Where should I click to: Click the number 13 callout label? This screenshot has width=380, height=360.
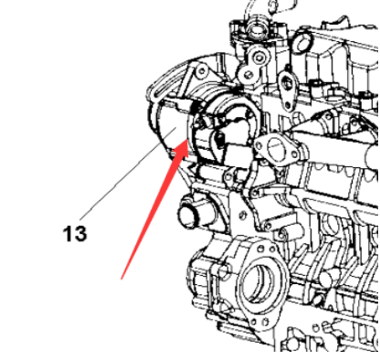pyautogui.click(x=75, y=234)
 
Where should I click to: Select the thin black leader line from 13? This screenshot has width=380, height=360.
pyautogui.click(x=128, y=174)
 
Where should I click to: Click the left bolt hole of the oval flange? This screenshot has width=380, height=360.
pyautogui.click(x=259, y=144)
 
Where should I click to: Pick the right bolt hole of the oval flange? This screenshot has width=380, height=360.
pyautogui.click(x=294, y=154)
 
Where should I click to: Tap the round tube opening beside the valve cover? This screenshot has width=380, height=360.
pyautogui.click(x=302, y=43)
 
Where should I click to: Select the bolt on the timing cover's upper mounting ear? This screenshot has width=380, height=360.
pyautogui.click(x=201, y=71)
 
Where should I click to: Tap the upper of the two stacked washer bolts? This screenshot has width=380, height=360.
pyautogui.click(x=259, y=57)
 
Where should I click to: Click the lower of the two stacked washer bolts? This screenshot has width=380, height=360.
pyautogui.click(x=248, y=74)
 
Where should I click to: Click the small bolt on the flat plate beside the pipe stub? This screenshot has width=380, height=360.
pyautogui.click(x=243, y=216)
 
